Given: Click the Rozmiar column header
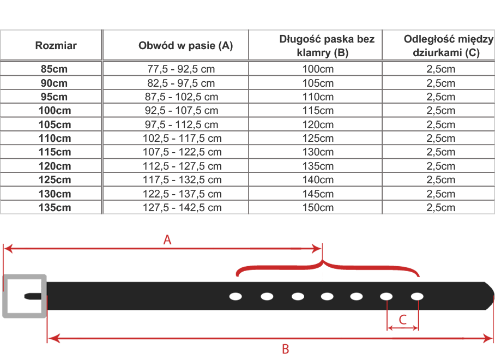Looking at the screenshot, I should tap(56, 46).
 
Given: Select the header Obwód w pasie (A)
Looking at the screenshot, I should tap(185, 46).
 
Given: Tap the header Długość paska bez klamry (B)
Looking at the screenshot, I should tap(319, 46).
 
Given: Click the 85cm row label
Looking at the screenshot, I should tap(55, 69).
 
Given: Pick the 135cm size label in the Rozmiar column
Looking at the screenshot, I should tap(55, 208).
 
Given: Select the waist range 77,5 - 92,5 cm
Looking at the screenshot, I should tap(182, 69).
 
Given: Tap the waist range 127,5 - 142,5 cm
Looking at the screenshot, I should tap(182, 208).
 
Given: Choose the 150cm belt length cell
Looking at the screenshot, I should tap(318, 208).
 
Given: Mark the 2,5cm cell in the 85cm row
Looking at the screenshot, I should tap(440, 69).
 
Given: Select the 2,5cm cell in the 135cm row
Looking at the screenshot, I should tap(440, 208).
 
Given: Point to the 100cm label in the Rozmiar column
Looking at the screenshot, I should tap(55, 111).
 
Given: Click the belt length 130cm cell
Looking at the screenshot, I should tap(318, 152).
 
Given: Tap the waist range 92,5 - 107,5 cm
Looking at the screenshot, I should tap(182, 111).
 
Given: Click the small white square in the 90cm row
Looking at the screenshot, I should tap(316, 83).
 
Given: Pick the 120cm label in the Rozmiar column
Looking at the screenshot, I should tap(55, 166).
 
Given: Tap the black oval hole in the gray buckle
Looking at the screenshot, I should tap(27, 296).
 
